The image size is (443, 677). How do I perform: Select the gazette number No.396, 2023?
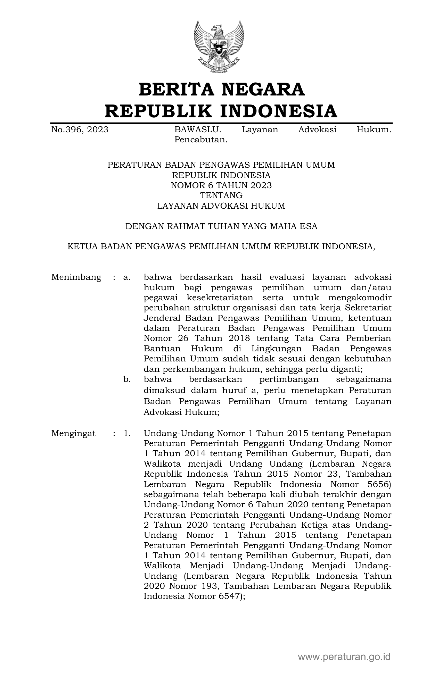pos(80,130)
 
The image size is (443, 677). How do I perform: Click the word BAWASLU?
pos(197,130)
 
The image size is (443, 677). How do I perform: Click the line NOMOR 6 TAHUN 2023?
pos(221,185)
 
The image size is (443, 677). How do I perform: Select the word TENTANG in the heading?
pos(221,195)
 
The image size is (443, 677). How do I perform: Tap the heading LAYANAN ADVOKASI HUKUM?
pos(221,206)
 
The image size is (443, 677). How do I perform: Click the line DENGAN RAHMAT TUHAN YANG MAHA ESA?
pos(221,227)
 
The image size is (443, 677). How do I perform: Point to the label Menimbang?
pos(76,277)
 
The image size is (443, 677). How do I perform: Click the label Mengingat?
pos(73,433)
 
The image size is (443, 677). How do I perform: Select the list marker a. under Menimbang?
pos(127,277)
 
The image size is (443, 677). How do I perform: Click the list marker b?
pos(127,379)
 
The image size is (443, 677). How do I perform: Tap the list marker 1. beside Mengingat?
pos(127,433)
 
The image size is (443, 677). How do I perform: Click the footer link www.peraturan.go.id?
pos(344,657)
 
